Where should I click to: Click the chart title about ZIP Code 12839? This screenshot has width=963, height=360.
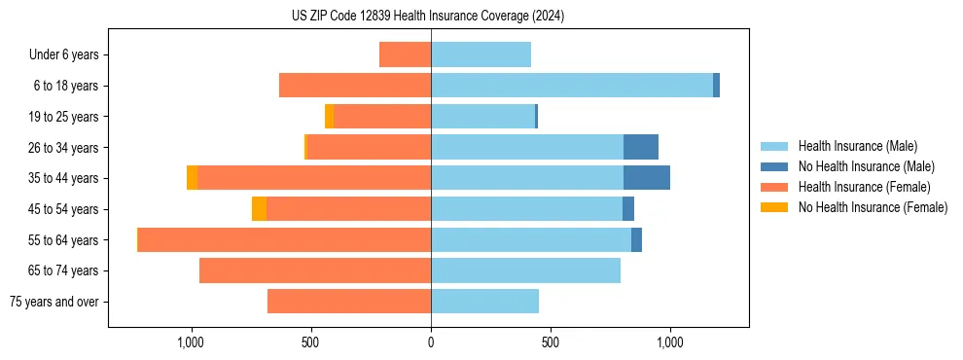click(428, 17)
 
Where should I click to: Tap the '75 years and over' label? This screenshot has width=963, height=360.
click(54, 302)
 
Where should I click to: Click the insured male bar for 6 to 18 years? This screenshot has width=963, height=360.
click(572, 86)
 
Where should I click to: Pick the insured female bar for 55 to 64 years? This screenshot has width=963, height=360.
click(284, 239)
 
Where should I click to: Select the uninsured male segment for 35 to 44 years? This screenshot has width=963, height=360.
click(647, 178)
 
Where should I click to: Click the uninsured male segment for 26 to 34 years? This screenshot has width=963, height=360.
click(641, 147)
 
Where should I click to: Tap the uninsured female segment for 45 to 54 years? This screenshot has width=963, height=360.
click(259, 209)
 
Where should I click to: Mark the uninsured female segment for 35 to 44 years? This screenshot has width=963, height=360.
click(193, 178)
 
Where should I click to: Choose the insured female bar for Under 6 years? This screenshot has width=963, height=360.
click(405, 54)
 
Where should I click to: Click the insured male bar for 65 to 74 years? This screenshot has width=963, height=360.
click(525, 270)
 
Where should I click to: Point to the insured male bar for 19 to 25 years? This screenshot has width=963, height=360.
click(482, 117)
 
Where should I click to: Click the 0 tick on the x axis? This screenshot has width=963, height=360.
click(431, 342)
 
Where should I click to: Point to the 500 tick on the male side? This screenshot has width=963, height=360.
click(551, 342)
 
